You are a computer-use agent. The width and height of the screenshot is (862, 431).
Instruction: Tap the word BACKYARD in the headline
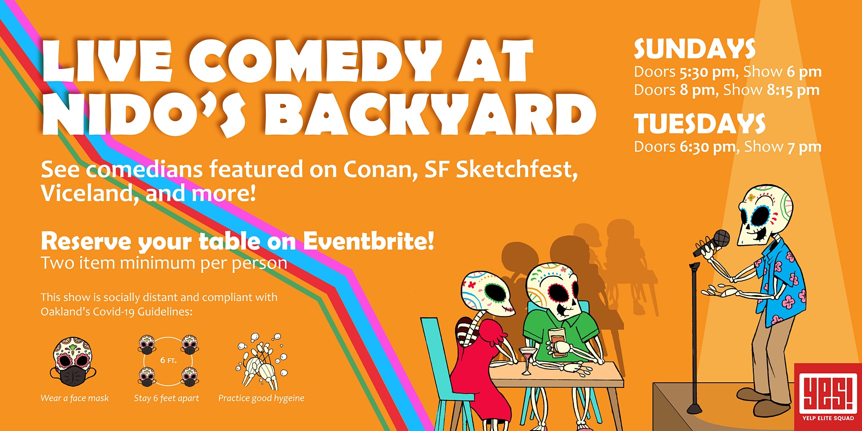(430, 115)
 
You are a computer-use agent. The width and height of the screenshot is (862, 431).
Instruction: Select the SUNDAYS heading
(694, 49)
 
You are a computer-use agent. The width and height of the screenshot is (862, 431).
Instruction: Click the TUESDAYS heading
(700, 124)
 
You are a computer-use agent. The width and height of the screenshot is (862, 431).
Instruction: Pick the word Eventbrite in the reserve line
(369, 241)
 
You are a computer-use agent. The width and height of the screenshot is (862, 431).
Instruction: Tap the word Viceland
(87, 193)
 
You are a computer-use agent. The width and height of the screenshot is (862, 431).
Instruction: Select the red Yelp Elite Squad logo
(828, 397)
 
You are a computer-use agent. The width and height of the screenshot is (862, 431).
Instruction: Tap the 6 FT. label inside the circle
(168, 360)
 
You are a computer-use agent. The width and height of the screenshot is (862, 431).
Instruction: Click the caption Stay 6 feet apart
(166, 398)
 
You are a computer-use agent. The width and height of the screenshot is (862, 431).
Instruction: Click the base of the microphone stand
(694, 407)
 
